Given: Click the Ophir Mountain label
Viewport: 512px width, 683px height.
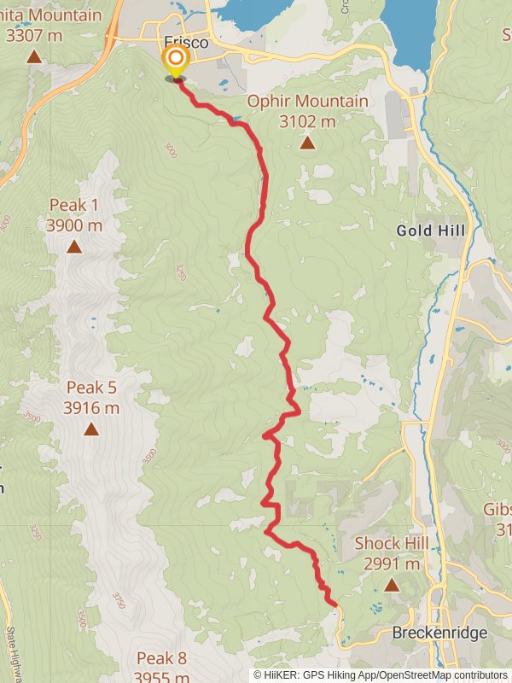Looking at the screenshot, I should (x=307, y=102).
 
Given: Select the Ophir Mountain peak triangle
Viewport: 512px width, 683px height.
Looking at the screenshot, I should (x=307, y=143).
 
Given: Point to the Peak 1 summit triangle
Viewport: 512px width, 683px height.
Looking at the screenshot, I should (x=74, y=247).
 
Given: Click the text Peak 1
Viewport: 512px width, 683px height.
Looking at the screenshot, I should (x=74, y=205).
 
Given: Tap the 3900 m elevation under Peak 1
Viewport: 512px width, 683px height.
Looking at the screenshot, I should (x=74, y=225).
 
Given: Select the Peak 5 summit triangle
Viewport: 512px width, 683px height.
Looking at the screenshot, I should (x=91, y=429).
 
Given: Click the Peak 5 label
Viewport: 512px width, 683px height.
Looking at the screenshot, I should (x=91, y=388).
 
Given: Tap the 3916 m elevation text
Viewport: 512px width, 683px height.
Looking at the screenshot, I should (x=91, y=408).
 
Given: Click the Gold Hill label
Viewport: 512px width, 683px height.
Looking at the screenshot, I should (x=431, y=231).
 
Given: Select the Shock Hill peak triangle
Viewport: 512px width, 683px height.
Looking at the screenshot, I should (x=391, y=585).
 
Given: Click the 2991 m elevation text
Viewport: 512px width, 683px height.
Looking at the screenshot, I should (x=391, y=563).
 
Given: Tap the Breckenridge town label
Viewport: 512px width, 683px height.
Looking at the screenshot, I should (x=439, y=633).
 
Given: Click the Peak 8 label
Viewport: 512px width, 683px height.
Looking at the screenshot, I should (x=161, y=658).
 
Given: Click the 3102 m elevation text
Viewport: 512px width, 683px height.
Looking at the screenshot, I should (x=307, y=121).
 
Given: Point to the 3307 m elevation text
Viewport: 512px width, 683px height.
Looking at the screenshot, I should (x=33, y=36).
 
